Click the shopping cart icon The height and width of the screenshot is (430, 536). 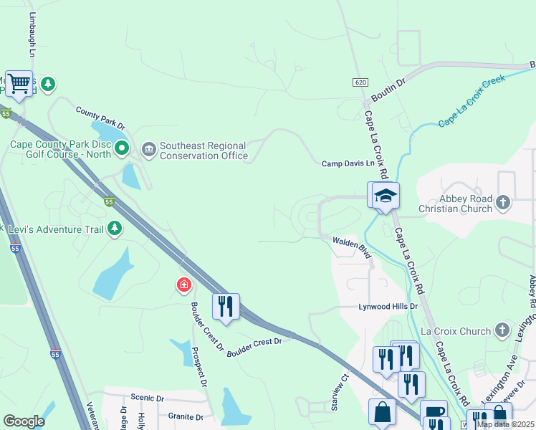click(x=19, y=83)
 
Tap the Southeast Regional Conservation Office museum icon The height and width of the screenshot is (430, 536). click(x=149, y=150)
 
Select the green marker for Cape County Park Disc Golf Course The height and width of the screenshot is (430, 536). click(x=122, y=149)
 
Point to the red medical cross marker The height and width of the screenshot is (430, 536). click(x=184, y=286)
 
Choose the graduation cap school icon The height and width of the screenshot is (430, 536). click(x=385, y=195)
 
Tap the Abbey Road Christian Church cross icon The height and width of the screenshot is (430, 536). click(x=503, y=202)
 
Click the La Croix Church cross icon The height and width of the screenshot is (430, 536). click(x=503, y=330)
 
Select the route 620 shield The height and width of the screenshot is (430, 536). click(x=360, y=82)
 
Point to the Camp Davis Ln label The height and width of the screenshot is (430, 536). click(x=348, y=163)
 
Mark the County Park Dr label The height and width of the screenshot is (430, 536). click(x=100, y=118)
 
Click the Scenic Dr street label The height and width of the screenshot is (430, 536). click(x=148, y=398)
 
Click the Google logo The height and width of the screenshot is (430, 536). click(x=24, y=421)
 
